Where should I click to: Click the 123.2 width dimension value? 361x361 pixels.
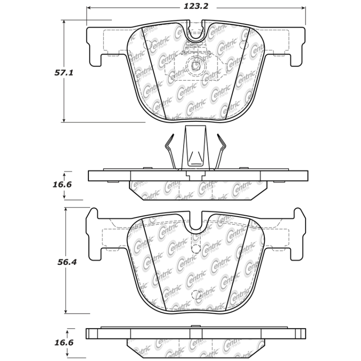click(196, 7)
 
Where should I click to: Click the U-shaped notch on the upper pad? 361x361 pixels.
click(195, 34)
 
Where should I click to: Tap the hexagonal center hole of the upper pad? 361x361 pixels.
click(196, 66)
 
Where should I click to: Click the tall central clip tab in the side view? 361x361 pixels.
click(195, 149)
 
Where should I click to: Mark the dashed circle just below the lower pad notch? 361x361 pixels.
click(196, 249)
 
